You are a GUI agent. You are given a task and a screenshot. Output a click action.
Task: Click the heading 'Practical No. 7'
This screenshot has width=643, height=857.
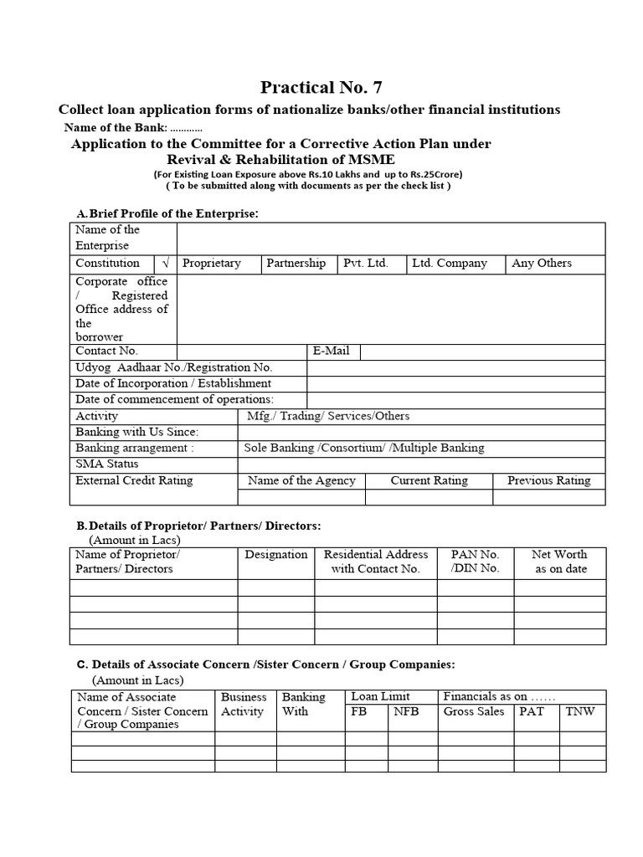click(x=321, y=87)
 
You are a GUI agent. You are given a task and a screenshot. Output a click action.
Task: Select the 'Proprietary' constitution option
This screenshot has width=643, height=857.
click(x=211, y=264)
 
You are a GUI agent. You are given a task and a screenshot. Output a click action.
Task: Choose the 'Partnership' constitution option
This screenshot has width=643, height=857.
click(x=296, y=264)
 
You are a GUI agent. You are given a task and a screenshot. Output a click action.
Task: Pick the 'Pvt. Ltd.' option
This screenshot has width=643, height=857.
click(x=366, y=264)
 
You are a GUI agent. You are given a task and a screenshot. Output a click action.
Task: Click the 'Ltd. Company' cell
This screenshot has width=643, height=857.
click(x=449, y=264)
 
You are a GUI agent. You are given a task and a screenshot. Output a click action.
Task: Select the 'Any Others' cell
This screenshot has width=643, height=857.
click(x=542, y=264)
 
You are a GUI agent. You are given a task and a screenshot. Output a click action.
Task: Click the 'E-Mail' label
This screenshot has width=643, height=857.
click(x=331, y=352)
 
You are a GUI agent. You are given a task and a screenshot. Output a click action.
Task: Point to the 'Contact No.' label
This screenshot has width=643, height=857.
click(x=106, y=352)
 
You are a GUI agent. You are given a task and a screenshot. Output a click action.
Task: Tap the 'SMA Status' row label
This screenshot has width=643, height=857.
click(x=107, y=464)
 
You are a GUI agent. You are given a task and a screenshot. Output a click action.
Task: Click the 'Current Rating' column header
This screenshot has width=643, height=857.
click(x=429, y=481)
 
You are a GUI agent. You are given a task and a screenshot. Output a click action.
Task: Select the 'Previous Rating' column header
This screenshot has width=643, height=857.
click(x=548, y=481)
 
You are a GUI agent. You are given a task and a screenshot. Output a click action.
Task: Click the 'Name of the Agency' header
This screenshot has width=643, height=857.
click(x=301, y=481)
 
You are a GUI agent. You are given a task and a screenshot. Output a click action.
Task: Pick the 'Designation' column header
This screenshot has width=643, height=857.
click(x=275, y=555)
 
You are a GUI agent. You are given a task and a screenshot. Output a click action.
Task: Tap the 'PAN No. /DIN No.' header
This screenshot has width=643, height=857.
click(x=475, y=562)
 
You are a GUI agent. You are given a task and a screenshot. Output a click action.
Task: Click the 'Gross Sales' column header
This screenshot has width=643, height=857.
click(x=473, y=711)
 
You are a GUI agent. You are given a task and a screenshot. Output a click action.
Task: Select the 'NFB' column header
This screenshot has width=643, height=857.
click(x=405, y=711)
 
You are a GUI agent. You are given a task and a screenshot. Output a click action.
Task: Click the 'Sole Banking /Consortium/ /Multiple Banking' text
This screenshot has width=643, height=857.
click(x=363, y=448)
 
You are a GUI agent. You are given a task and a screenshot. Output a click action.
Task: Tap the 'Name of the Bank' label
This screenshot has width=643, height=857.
click(x=116, y=128)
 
